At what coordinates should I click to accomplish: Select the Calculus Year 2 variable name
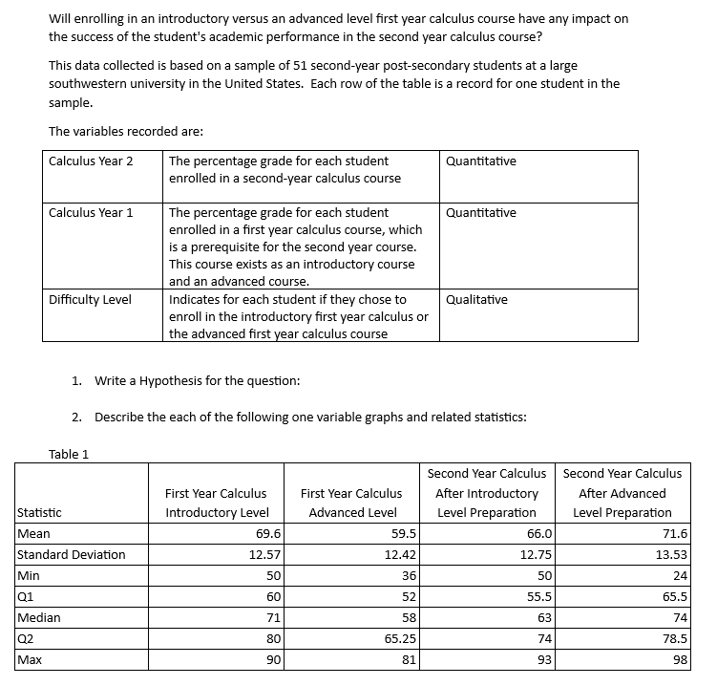tap(91, 161)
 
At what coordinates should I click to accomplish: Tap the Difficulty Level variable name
tap(90, 300)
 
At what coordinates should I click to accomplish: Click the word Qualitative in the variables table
tap(476, 300)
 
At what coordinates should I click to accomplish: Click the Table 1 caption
tap(68, 454)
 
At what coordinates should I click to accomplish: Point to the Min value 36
tap(409, 575)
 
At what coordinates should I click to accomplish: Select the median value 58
tap(409, 617)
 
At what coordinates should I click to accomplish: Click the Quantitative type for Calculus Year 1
tap(480, 212)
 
